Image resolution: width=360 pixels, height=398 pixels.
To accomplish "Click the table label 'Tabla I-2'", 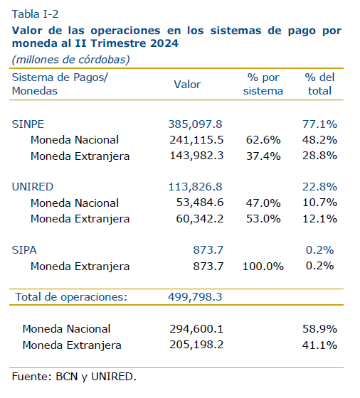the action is pos(35,14).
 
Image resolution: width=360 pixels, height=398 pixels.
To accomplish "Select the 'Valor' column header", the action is pos(187,85).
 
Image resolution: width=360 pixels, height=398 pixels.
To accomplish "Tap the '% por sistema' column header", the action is pos(263,84).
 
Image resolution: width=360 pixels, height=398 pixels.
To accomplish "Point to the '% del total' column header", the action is pos(319,84).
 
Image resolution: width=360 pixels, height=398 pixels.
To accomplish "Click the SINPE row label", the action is pos(28,124).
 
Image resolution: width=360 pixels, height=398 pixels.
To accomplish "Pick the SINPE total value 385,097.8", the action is pos(195,124).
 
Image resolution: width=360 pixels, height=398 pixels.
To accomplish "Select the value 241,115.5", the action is pos(196,140).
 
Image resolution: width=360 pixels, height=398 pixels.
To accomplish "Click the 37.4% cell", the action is pos(263,156).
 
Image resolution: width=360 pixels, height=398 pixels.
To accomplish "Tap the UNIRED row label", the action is pos(33,187).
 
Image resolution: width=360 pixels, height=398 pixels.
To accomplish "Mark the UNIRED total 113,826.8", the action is pos(195,187).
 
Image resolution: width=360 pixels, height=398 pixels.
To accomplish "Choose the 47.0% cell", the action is pos(263,203).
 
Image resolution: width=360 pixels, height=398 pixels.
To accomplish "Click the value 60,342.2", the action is pos(200,219).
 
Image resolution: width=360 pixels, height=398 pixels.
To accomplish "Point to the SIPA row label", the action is pos(24,250).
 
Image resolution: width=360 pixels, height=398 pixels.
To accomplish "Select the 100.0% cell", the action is pos(263,267).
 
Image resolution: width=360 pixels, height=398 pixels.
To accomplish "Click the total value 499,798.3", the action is pos(195,296).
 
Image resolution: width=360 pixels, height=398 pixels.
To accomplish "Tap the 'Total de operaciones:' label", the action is pos(71,297).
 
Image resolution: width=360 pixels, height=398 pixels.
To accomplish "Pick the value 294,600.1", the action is pos(196,329).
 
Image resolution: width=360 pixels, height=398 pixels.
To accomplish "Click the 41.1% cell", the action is pos(319,345).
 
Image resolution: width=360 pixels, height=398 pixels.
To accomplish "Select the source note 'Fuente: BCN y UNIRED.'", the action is pos(74,377).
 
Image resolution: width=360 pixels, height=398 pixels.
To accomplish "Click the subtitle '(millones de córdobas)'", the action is pos(71,60).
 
